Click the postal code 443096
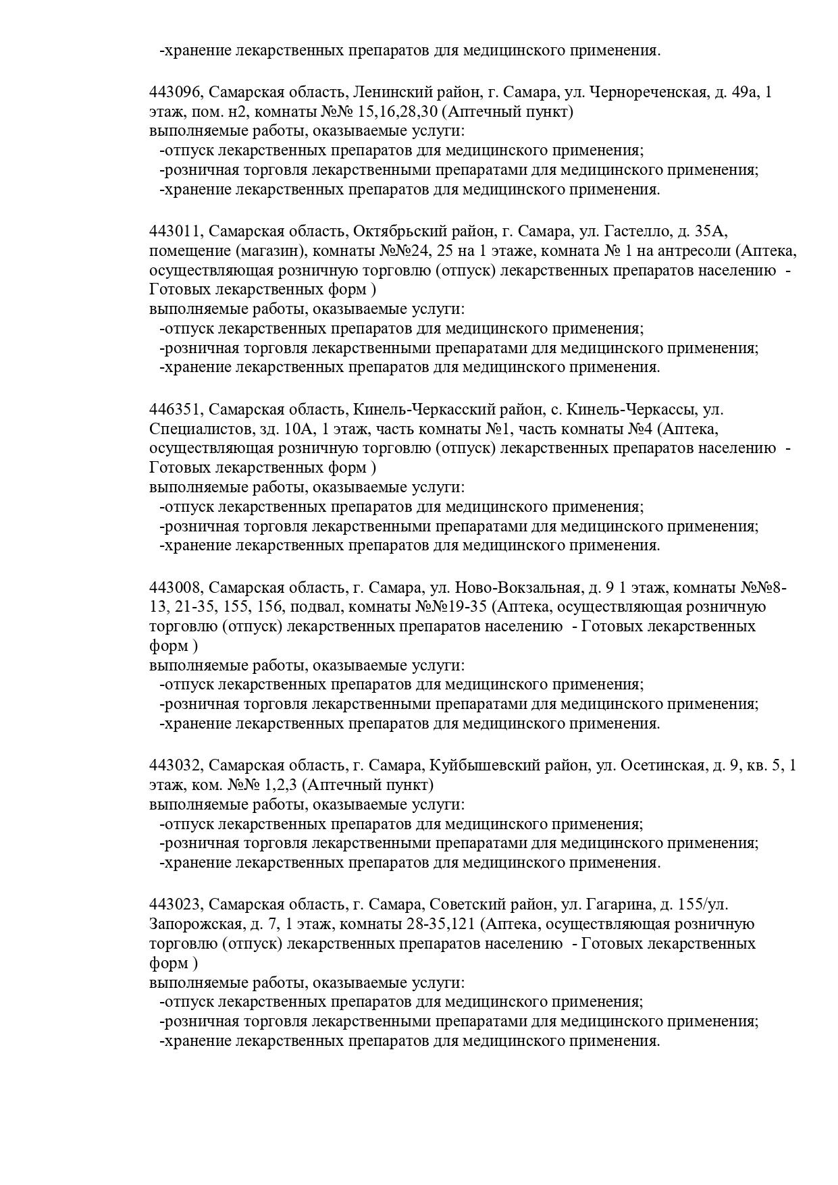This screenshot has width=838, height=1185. point(176,93)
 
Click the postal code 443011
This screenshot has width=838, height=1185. point(176,232)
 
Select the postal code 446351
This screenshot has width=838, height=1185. point(176,409)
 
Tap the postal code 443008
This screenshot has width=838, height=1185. point(176,587)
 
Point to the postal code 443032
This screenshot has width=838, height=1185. point(176,766)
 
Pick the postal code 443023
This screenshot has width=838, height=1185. point(176,905)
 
